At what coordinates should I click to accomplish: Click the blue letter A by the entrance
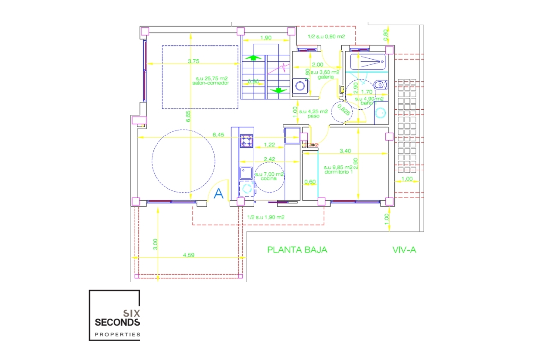(219, 194)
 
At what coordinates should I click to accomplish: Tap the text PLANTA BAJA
(297, 249)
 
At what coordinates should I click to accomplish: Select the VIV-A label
(404, 249)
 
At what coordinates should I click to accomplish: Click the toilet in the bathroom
(379, 85)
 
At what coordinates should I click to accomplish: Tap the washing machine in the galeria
(301, 86)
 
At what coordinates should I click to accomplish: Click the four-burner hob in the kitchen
(246, 141)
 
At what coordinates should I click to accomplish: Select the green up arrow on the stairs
(253, 57)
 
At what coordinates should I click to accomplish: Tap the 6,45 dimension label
(218, 135)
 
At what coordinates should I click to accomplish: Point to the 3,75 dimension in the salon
(193, 61)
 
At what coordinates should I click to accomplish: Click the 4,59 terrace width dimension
(189, 255)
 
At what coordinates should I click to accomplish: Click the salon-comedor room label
(210, 83)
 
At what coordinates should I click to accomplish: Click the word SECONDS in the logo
(117, 321)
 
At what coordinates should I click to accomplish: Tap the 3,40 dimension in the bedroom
(346, 151)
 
